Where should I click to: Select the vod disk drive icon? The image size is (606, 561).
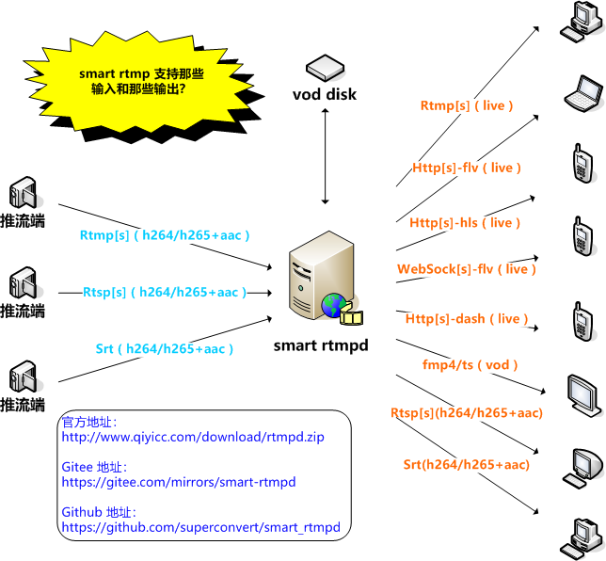coord(326,69)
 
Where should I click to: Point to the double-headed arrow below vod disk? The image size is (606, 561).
coord(326,155)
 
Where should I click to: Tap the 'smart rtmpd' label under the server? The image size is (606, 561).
coord(320,345)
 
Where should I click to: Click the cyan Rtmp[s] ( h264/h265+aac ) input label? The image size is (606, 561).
coord(165,234)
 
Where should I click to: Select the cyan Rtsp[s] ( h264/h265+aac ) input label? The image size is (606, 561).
coord(165,292)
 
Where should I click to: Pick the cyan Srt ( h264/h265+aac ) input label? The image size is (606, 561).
coord(165,348)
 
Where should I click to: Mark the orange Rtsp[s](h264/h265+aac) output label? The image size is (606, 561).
coord(467,412)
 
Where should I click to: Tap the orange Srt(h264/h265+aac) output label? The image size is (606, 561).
coord(467,464)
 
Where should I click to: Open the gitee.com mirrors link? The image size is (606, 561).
coord(179,482)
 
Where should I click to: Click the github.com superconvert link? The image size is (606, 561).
coord(200,527)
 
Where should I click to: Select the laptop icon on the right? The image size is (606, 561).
coord(582,92)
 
